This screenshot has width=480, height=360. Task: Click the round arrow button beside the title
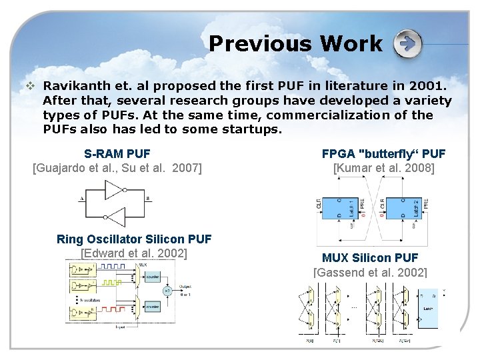[407, 45]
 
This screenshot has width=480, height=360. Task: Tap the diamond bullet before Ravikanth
[29, 86]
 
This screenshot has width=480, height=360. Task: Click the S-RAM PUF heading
[117, 154]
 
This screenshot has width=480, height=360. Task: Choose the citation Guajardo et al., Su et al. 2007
[117, 168]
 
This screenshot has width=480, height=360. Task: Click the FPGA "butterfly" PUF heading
[383, 154]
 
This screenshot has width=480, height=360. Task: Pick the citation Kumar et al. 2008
[383, 168]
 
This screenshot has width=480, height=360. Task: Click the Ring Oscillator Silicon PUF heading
[134, 239]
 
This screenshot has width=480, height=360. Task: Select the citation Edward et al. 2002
[134, 253]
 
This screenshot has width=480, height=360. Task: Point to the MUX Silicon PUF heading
[370, 257]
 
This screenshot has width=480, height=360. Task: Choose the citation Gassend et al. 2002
[370, 272]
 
